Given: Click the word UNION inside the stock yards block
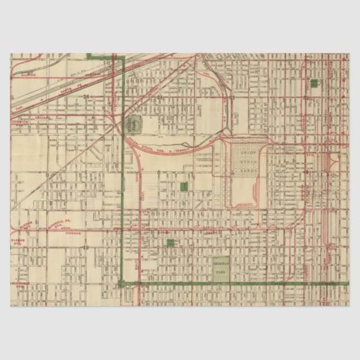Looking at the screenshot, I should [246, 152].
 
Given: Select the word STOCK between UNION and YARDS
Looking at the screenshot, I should [246, 162].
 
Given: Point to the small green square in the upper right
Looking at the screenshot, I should [314, 83].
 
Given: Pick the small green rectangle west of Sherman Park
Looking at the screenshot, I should [170, 242].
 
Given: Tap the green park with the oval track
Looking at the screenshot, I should [134, 122].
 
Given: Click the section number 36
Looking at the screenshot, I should [86, 97].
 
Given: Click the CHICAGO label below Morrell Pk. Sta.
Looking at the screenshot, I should [73, 232].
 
